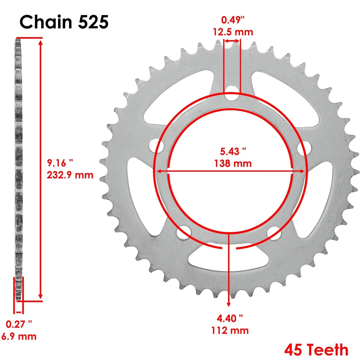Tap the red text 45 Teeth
click(316, 350)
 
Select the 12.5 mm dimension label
click(233, 32)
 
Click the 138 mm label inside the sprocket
click(233, 163)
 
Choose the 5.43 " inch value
click(233, 152)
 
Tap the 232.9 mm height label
click(70, 175)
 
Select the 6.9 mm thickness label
click(19, 336)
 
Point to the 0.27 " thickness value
click(19, 324)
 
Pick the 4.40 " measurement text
click(229, 318)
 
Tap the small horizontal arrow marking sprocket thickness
click(18, 312)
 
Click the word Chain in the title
click(45, 22)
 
